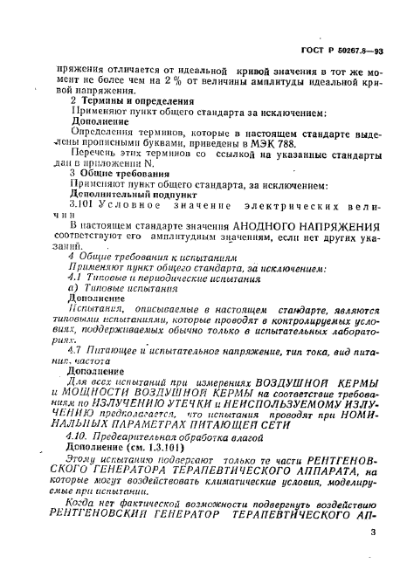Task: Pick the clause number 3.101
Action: coord(84,202)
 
